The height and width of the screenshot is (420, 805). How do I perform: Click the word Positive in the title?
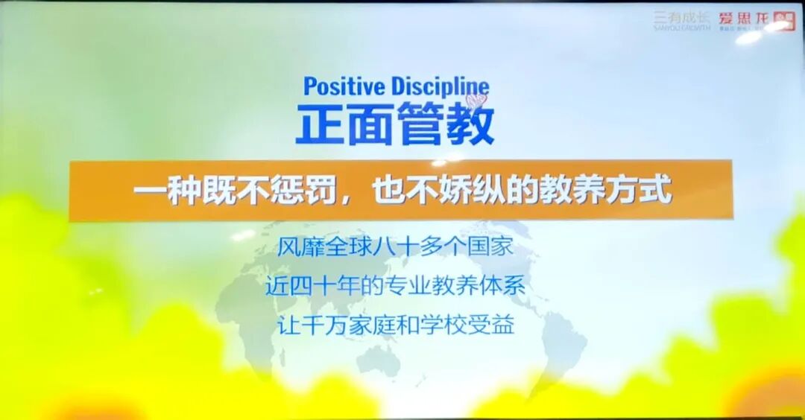(341, 86)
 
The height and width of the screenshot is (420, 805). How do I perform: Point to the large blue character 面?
(370, 124)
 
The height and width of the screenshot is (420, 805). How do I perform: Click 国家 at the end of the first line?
(493, 246)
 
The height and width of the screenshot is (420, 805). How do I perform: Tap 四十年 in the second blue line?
(324, 286)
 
